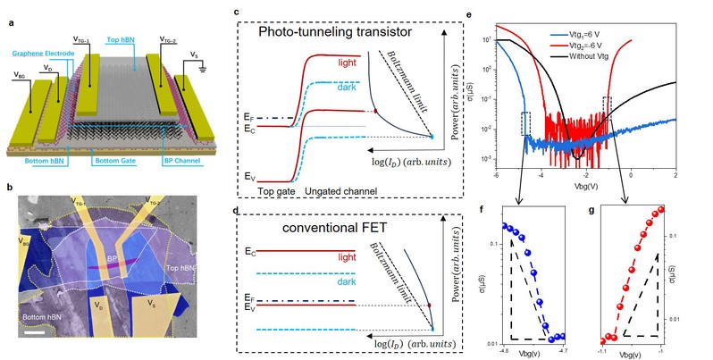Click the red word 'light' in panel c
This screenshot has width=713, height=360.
pyautogui.click(x=350, y=64)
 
